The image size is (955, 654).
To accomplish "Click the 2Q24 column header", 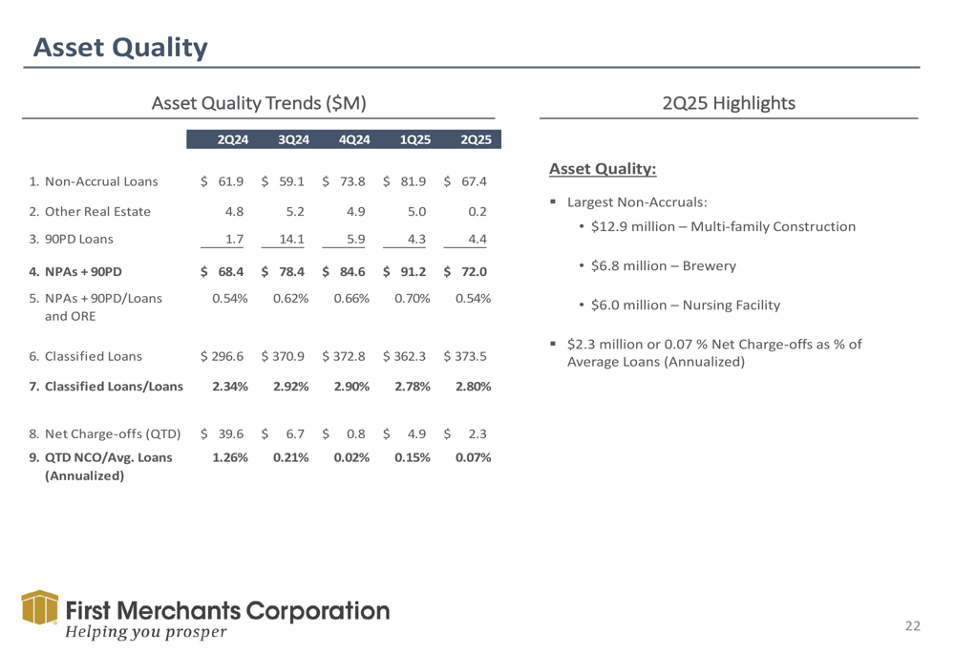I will tap(233, 139).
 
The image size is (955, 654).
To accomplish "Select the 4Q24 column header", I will tap(354, 139).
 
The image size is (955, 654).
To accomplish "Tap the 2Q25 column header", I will tap(475, 139).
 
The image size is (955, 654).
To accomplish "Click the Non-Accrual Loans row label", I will tap(94, 181).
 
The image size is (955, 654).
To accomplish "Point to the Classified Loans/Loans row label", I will tap(106, 387).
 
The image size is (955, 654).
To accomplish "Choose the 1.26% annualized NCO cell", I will tap(229, 457).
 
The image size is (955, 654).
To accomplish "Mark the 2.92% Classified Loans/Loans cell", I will tap(289, 387).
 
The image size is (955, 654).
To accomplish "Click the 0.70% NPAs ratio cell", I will tap(413, 299).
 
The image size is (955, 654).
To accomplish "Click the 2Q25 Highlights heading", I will tap(729, 102).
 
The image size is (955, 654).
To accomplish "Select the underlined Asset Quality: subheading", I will tap(603, 169).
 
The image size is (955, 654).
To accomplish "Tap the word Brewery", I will tap(709, 266).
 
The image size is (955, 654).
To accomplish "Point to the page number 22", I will tap(913, 625).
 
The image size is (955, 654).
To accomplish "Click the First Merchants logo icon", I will tap(38, 610).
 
